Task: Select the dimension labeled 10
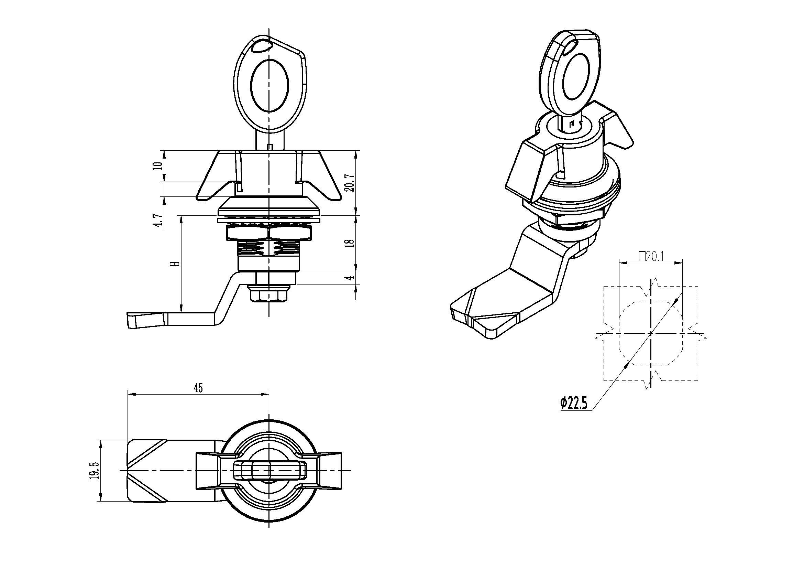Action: pyautogui.click(x=159, y=165)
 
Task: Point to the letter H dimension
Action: pyautogui.click(x=177, y=264)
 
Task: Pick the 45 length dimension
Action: pyautogui.click(x=198, y=388)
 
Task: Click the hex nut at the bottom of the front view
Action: pyautogui.click(x=268, y=293)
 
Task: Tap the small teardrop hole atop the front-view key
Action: pyautogui.click(x=261, y=45)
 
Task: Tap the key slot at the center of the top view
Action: pyautogui.click(x=269, y=471)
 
